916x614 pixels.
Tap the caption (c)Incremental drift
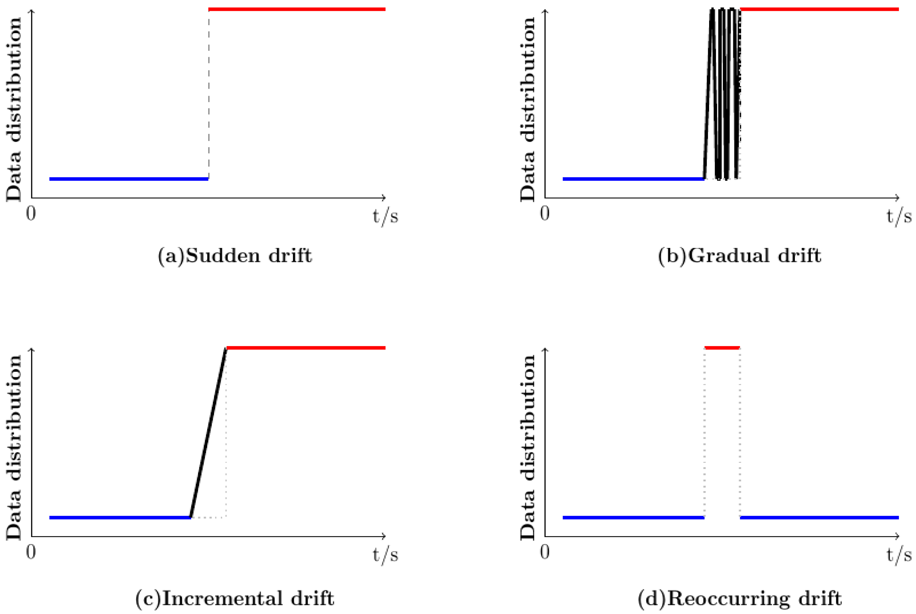(234, 598)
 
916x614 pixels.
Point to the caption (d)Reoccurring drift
(739, 598)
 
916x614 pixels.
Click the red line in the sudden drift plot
(297, 9)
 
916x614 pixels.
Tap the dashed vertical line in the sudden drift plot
(209, 94)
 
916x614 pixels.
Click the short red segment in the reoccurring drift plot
(722, 348)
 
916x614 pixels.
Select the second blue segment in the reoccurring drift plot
(819, 518)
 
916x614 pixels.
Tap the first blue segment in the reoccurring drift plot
(633, 518)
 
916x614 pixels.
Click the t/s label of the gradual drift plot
(899, 216)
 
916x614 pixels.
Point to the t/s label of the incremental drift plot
(386, 555)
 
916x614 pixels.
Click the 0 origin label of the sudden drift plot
(31, 214)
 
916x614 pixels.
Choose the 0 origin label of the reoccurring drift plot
(545, 552)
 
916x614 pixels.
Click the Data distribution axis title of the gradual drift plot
(527, 110)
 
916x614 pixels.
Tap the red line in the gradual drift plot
(819, 9)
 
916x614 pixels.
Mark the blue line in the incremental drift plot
(119, 518)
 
